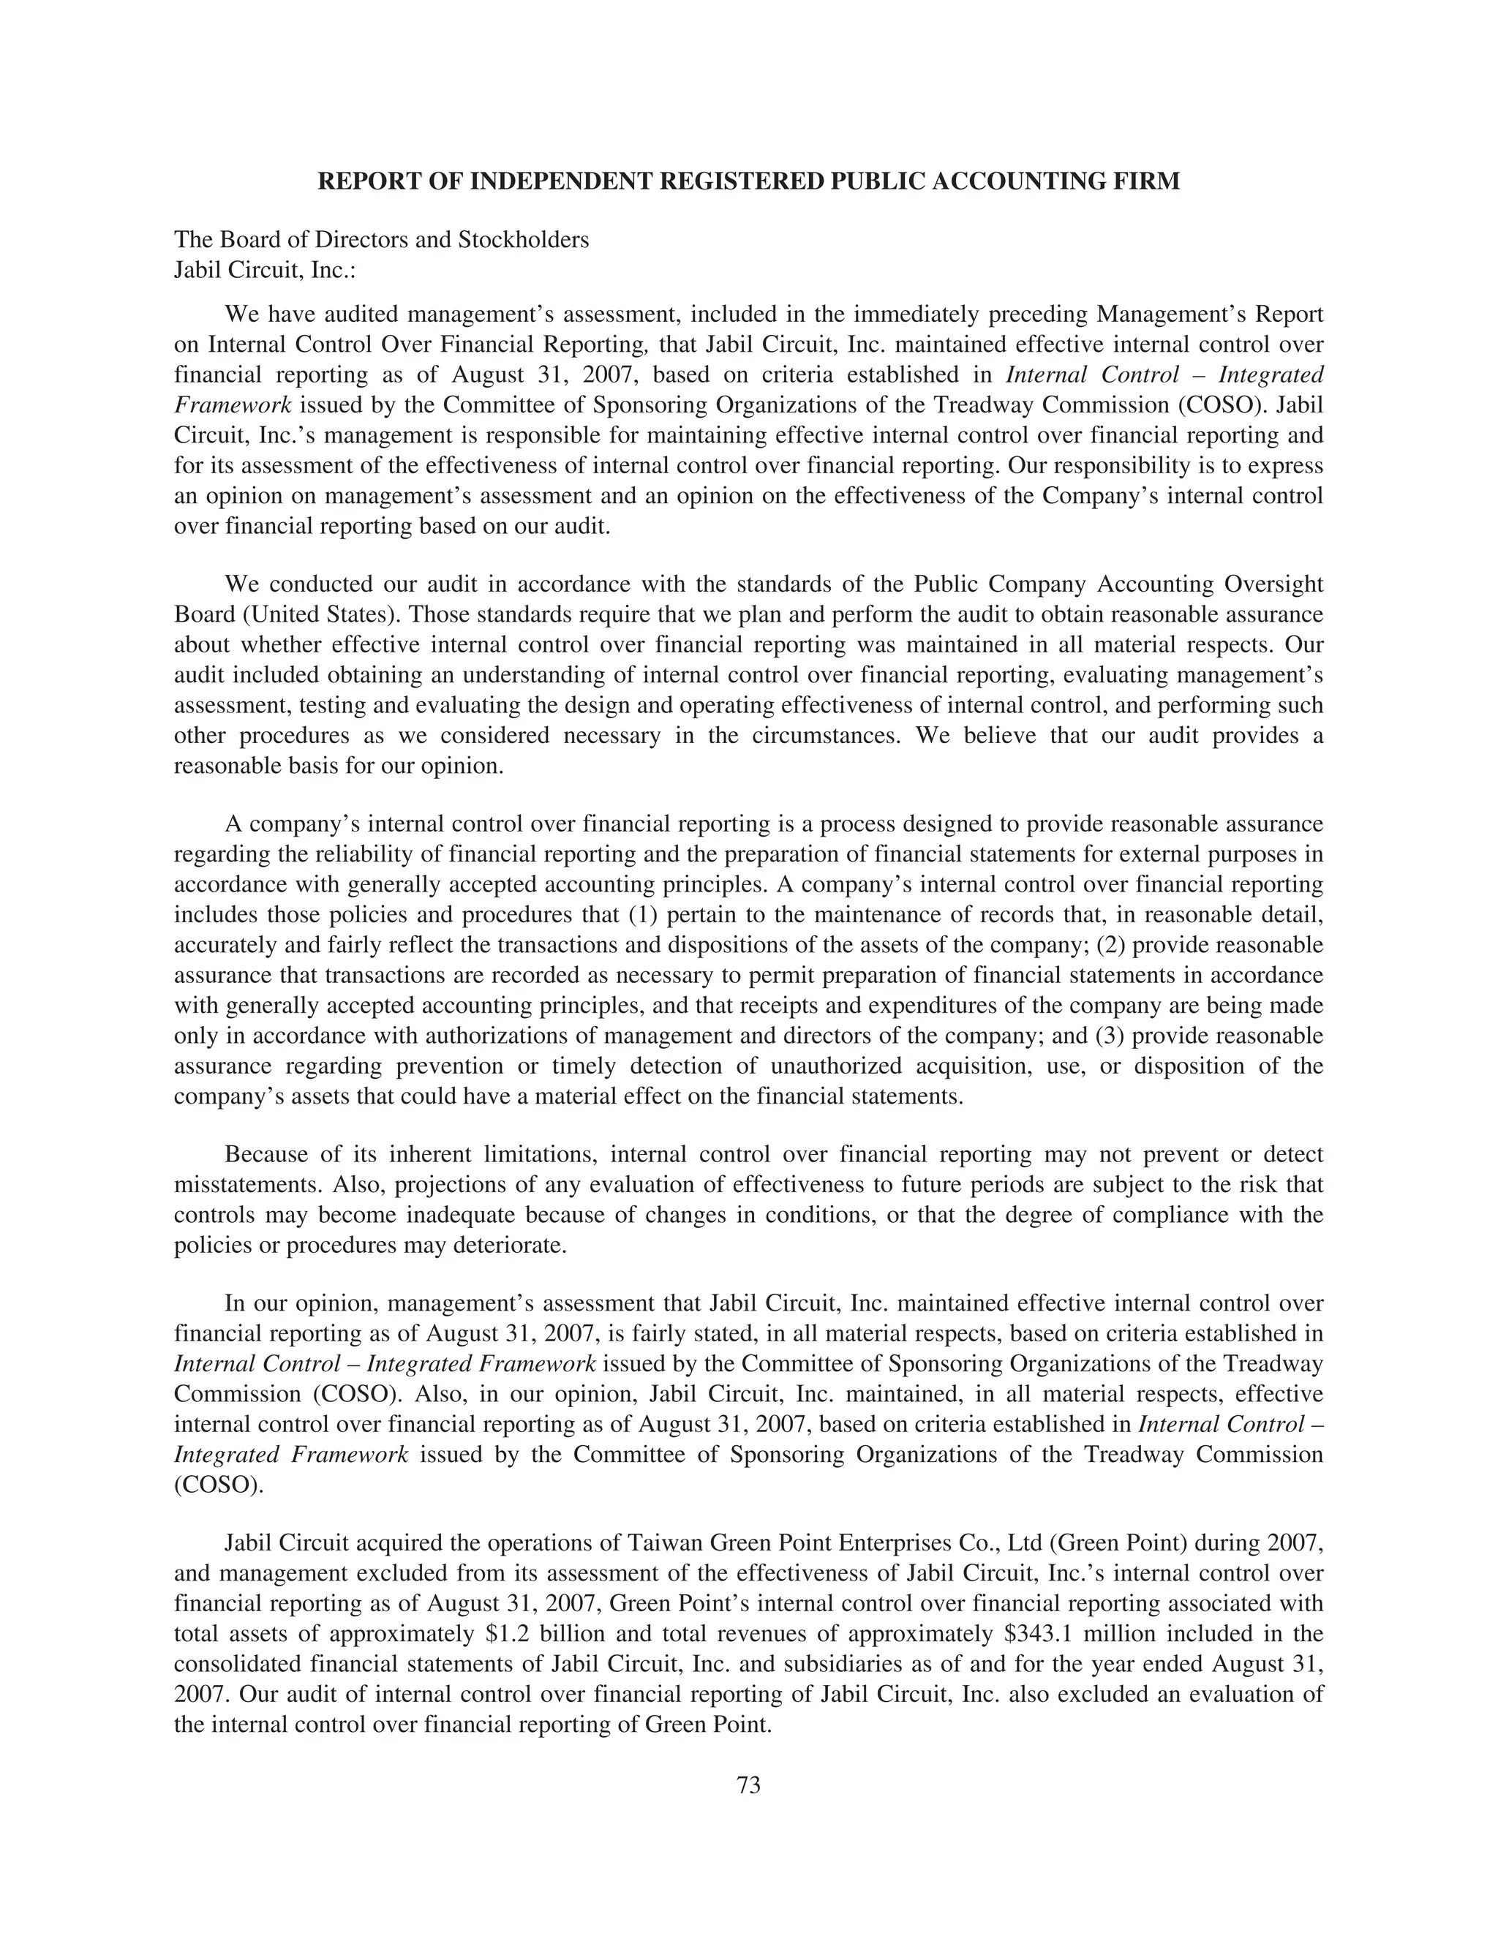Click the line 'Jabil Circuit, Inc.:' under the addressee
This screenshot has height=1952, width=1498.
coord(265,269)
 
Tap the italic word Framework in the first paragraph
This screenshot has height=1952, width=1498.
coord(233,404)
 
